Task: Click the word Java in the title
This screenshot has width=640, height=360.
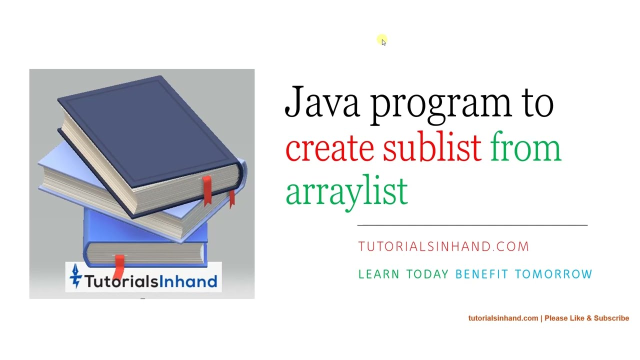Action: pos(321,102)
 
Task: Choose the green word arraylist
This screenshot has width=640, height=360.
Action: pos(346,192)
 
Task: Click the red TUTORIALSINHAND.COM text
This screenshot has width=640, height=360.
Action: pos(443,246)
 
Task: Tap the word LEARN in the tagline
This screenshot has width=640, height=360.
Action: pos(378,274)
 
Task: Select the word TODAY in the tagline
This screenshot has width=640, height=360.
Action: pos(427,274)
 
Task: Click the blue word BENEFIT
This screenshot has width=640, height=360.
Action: pos(481,274)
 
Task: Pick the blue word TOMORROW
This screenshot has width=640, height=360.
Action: pos(553,274)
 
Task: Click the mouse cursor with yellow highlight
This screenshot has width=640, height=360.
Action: pos(382,41)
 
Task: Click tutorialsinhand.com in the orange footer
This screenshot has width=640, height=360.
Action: pos(503,318)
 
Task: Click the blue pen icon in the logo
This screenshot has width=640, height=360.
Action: pos(75,276)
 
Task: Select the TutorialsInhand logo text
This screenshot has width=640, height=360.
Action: pos(150,281)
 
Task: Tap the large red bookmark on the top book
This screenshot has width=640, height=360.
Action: pos(207,190)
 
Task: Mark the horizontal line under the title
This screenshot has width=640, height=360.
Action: pos(472,225)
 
